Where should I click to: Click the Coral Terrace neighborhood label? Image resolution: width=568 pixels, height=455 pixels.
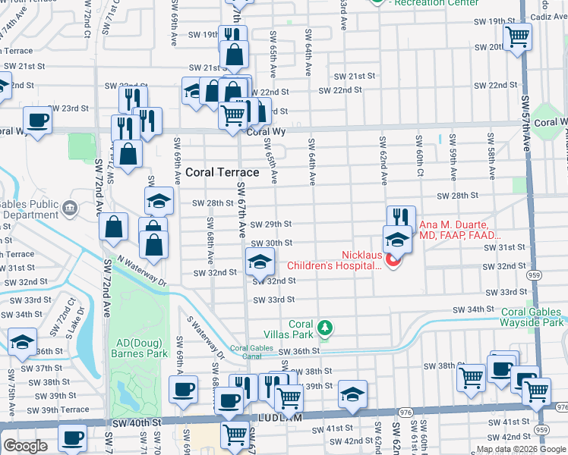pyautogui.click(x=222, y=173)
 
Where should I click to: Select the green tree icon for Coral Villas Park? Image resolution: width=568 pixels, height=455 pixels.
pyautogui.click(x=325, y=327)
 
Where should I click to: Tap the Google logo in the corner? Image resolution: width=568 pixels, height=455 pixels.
pyautogui.click(x=26, y=446)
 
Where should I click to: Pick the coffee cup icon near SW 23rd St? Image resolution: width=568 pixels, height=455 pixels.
pyautogui.click(x=37, y=118)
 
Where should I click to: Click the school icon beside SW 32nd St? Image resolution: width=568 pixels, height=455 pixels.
pyautogui.click(x=259, y=262)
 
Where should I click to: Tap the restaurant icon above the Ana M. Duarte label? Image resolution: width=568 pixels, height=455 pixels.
pyautogui.click(x=401, y=218)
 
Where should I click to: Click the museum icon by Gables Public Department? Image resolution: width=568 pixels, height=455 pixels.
pyautogui.click(x=70, y=208)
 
